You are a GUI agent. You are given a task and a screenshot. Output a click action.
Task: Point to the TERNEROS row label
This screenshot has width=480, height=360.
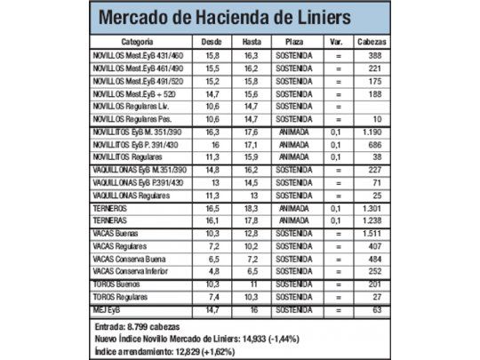pyautogui.click(x=109, y=206)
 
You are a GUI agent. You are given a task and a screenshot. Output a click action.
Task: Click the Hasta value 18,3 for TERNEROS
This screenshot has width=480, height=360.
pyautogui.click(x=251, y=206)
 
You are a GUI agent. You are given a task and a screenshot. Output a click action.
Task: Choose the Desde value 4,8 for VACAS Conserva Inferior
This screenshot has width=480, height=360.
pyautogui.click(x=213, y=271)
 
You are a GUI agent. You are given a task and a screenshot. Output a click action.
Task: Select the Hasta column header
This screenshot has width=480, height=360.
pyautogui.click(x=251, y=42)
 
